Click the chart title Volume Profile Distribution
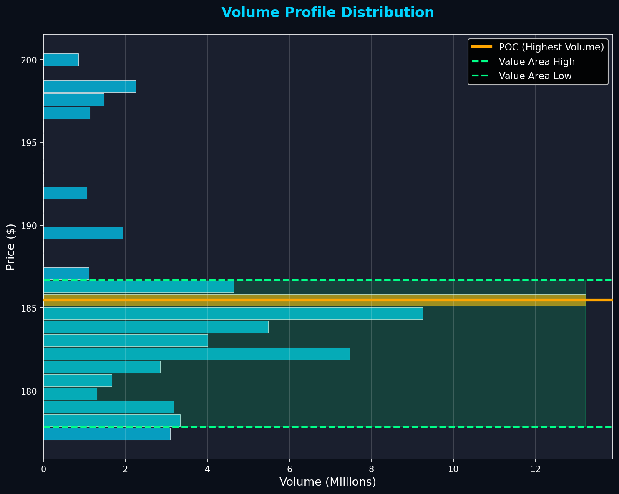tap(327, 13)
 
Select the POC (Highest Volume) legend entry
tap(551, 47)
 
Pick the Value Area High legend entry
tap(536, 62)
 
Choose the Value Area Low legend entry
tap(535, 76)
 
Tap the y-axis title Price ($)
tap(11, 247)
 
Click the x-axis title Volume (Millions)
tap(327, 482)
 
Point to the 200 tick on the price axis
tap(32, 60)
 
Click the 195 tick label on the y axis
tap(32, 143)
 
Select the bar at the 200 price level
tap(61, 60)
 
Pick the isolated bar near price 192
tap(65, 193)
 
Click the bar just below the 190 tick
tap(83, 233)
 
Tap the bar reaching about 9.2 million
tap(233, 313)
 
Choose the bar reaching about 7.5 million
tap(196, 353)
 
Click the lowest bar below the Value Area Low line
tap(107, 434)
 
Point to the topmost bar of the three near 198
tap(89, 86)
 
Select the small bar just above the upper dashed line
tap(66, 273)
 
